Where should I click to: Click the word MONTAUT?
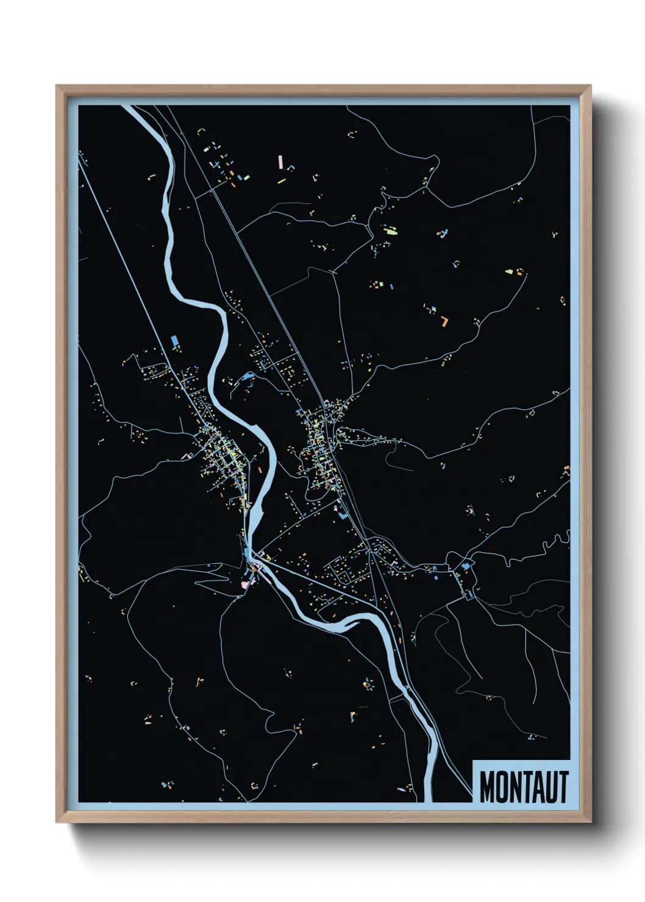pos(524,787)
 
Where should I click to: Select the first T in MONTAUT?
pos(524,787)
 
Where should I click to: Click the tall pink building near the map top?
pos(280,162)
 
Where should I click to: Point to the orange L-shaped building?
pos(445,321)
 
